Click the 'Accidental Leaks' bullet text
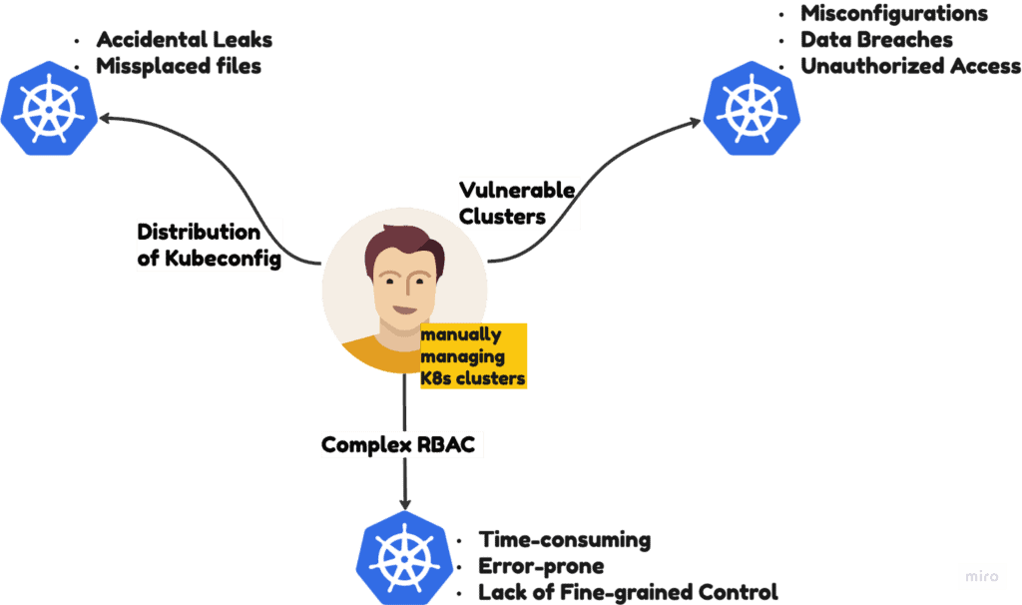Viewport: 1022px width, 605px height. [184, 40]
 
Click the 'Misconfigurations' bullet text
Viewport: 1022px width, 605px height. [893, 14]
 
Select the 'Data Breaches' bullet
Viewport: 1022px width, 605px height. [875, 40]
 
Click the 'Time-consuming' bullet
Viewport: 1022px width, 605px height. [564, 540]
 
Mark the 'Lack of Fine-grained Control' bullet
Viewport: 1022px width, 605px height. [627, 592]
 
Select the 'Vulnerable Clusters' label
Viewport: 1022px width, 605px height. [517, 203]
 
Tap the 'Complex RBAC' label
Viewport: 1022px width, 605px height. [401, 443]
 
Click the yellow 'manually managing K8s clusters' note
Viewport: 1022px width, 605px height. [472, 356]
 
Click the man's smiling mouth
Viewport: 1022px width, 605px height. [406, 308]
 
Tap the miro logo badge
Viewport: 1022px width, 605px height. [981, 576]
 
